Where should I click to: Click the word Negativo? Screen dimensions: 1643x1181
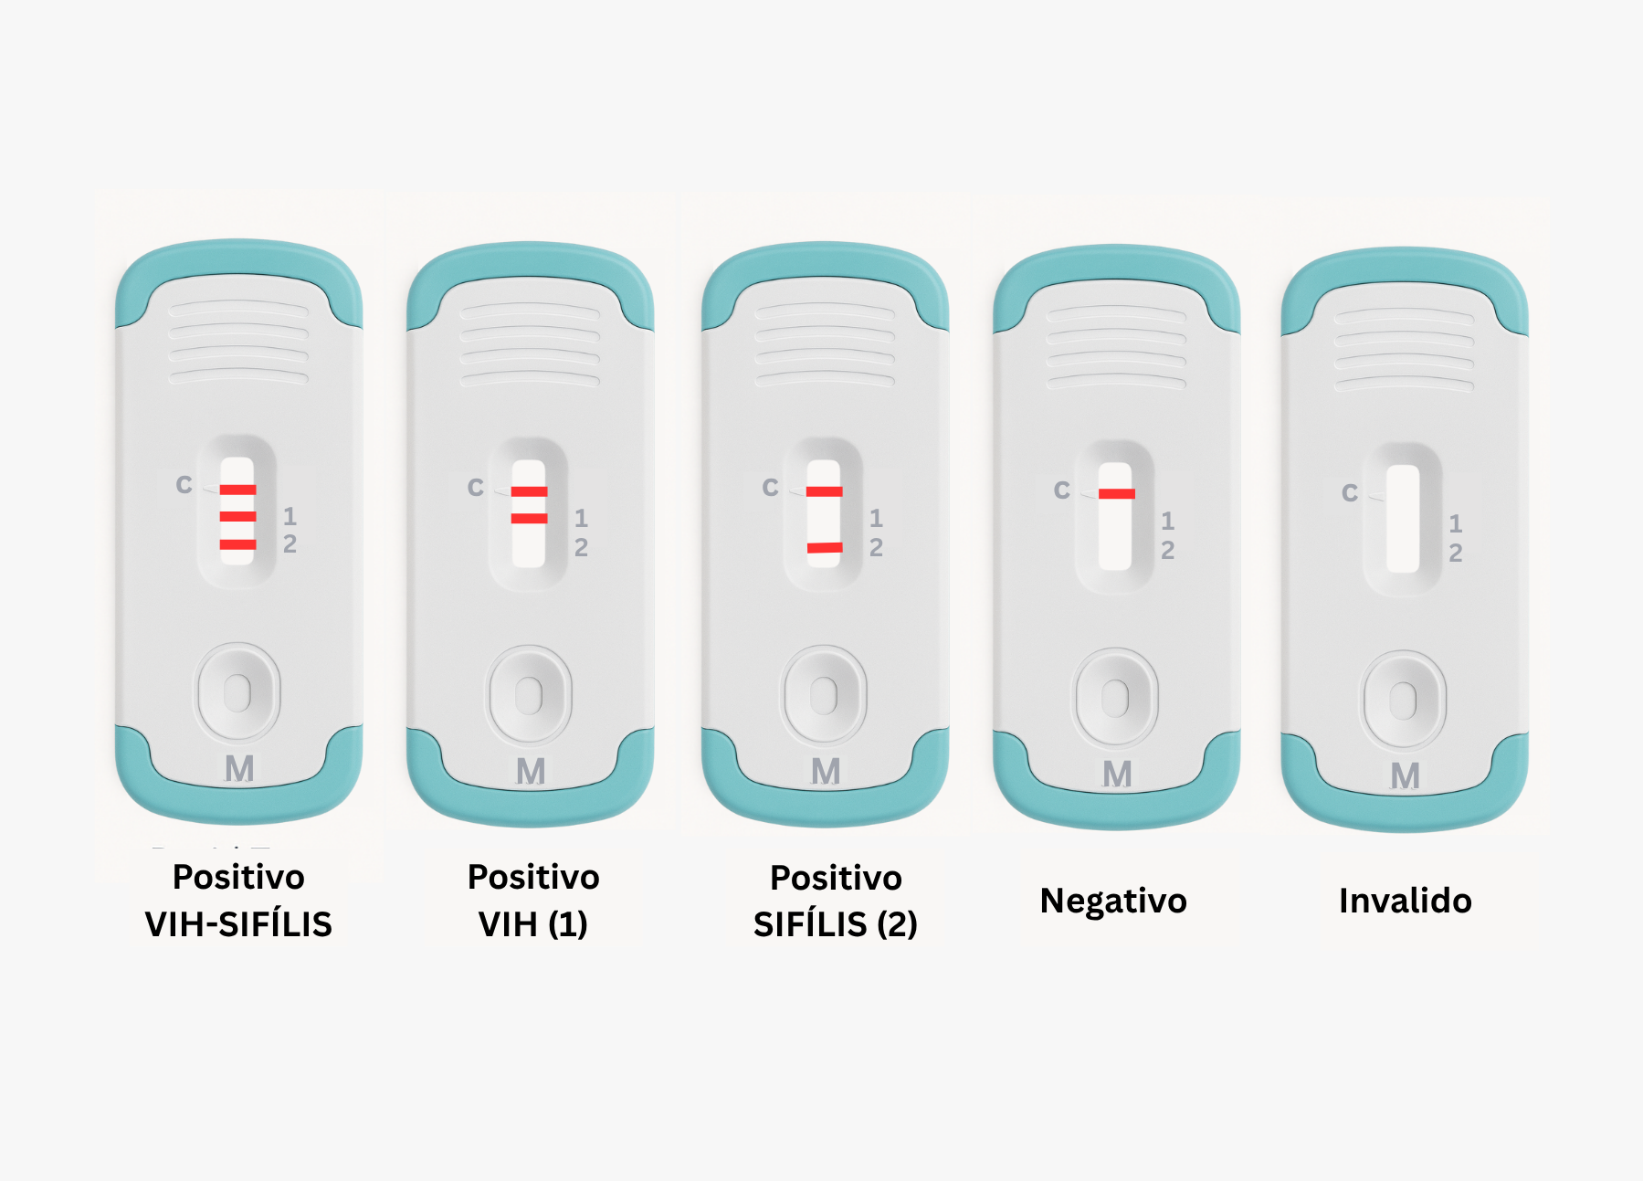point(1113,901)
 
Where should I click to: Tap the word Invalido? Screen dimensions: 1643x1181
point(1406,901)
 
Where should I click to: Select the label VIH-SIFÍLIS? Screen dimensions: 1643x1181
point(238,924)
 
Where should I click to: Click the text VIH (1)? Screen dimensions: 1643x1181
point(533,924)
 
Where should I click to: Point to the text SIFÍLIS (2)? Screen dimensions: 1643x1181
point(836,924)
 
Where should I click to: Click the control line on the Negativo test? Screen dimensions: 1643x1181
point(1116,494)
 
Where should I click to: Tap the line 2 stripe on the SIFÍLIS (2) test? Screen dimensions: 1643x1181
point(825,548)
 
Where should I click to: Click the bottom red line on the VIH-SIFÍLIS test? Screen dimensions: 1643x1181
point(237,545)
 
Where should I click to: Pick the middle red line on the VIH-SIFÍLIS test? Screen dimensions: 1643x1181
point(237,517)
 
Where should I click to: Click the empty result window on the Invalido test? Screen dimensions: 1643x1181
point(1403,519)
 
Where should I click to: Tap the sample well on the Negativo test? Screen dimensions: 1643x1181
point(1115,699)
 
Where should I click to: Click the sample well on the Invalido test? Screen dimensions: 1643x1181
point(1403,701)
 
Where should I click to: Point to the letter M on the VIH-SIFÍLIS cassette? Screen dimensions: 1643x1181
point(239,769)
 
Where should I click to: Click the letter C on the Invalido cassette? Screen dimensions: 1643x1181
point(1350,493)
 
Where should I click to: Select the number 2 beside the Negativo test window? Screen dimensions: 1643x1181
point(1167,550)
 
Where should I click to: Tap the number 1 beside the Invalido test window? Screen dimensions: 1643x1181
point(1456,523)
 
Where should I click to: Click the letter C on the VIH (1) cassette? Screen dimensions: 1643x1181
point(476,488)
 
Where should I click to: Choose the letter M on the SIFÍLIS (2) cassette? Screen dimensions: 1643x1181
point(826,772)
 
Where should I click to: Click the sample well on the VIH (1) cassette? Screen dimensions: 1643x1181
point(529,695)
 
